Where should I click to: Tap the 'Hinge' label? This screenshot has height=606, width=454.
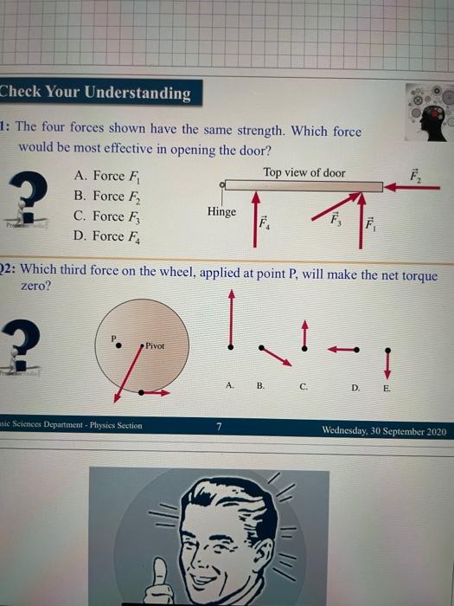(x=221, y=211)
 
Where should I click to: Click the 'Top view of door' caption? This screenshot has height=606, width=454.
(x=304, y=172)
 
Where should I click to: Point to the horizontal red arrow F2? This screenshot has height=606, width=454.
(x=413, y=186)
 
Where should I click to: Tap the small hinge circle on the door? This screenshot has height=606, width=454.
(x=223, y=184)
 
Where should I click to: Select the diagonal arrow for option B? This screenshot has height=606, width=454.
(x=276, y=355)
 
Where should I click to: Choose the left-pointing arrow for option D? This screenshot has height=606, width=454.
(x=343, y=350)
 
